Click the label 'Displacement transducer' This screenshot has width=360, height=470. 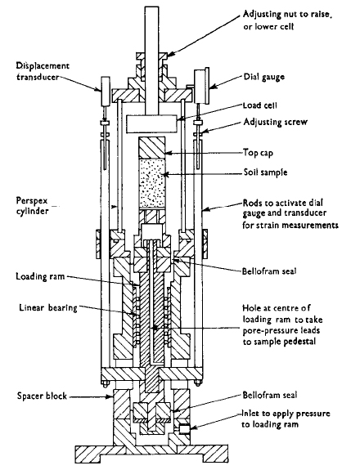[x=43, y=71]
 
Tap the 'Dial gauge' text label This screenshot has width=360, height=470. [x=264, y=78]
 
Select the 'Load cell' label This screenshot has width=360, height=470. [x=260, y=105]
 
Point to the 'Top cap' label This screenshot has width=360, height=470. [x=258, y=153]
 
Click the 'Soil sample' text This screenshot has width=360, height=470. [x=265, y=172]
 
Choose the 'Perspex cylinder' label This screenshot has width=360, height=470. [x=33, y=206]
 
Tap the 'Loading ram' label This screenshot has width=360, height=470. [x=40, y=276]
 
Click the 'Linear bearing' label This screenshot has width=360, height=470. [x=48, y=308]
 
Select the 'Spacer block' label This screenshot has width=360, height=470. [x=42, y=396]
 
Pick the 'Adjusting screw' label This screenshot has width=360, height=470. [x=276, y=122]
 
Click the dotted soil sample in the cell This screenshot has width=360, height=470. [x=151, y=183]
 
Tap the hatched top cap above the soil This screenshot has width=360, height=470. [x=151, y=148]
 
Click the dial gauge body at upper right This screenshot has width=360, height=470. [x=201, y=87]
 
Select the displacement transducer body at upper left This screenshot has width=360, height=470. [x=105, y=91]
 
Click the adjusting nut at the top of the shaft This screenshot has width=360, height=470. [x=151, y=56]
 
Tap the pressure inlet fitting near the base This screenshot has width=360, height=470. [x=184, y=429]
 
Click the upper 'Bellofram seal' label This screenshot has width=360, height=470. [x=269, y=271]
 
